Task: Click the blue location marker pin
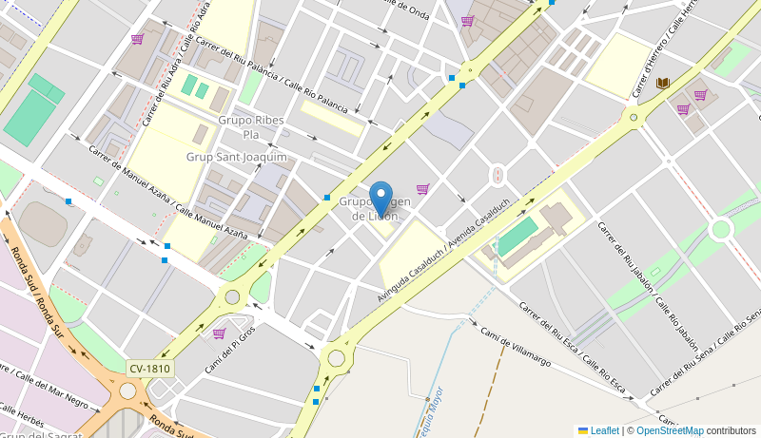click(380, 199)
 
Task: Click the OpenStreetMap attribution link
click(670, 430)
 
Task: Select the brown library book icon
click(663, 84)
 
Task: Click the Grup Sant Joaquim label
click(236, 157)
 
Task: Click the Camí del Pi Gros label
click(230, 350)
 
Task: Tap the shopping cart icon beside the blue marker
click(422, 189)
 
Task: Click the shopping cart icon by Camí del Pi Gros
click(219, 333)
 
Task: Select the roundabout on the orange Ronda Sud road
click(127, 390)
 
